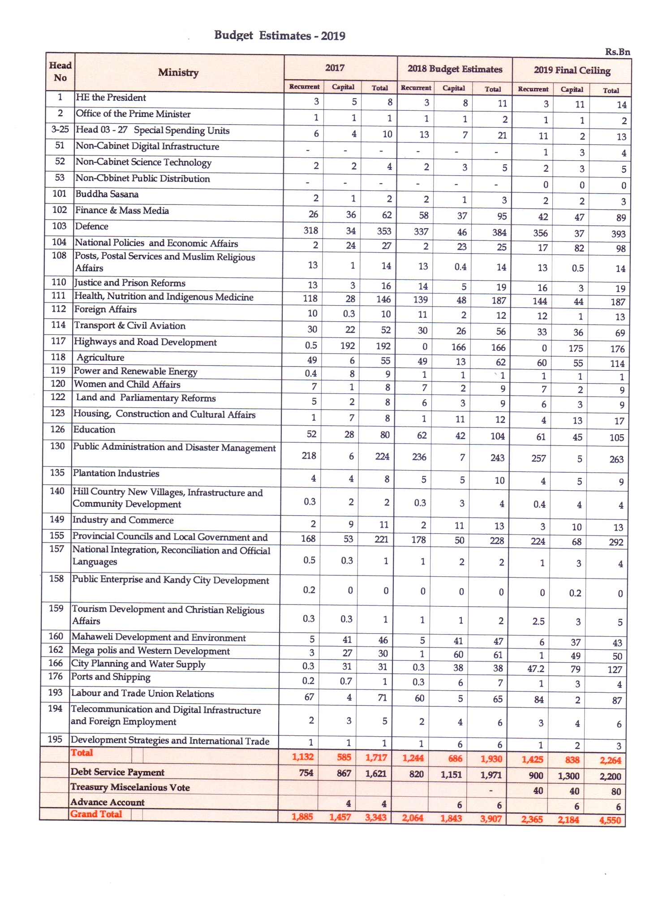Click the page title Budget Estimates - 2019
click(280, 35)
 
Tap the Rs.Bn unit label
click(617, 52)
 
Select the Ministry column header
click(178, 73)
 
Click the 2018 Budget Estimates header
click(454, 69)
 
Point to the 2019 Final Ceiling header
click(572, 70)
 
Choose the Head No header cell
click(60, 72)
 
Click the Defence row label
click(92, 226)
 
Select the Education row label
click(94, 430)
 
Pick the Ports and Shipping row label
click(111, 677)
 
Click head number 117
click(58, 341)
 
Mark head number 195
click(55, 739)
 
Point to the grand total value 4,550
click(610, 821)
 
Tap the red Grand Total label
click(96, 814)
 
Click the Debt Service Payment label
click(117, 772)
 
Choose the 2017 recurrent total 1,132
click(302, 757)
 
